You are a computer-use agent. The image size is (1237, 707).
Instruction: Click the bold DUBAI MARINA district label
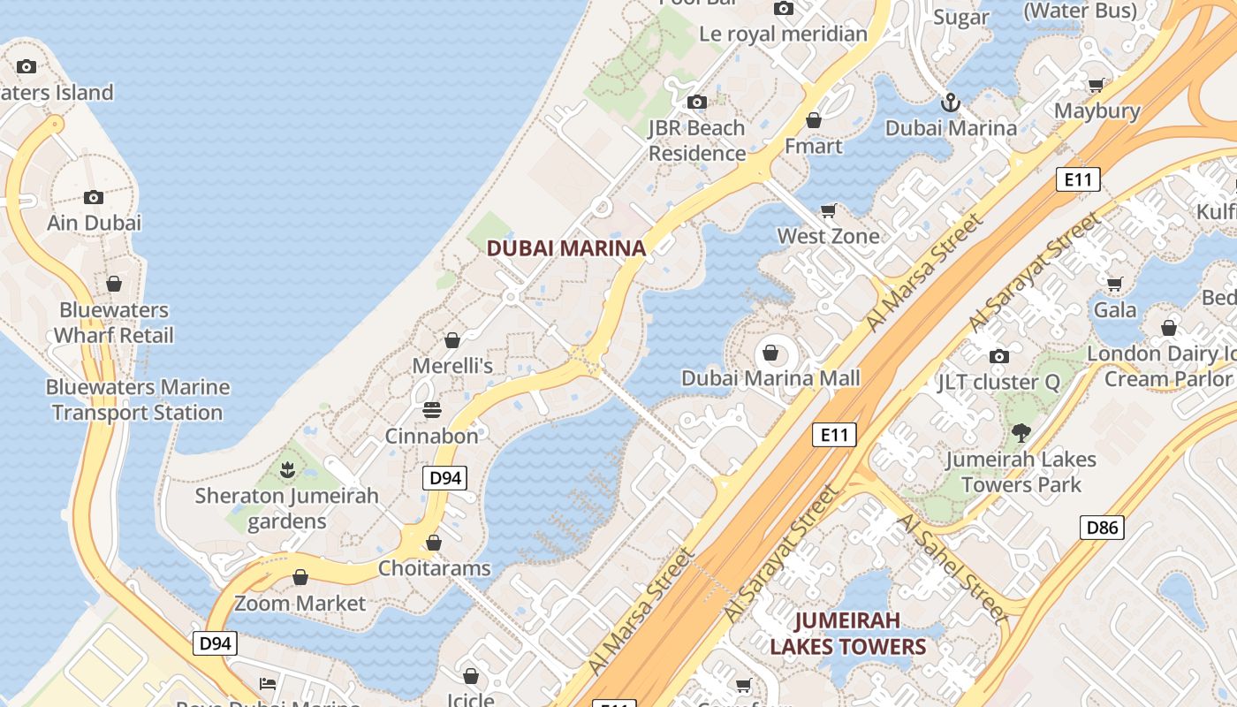(566, 248)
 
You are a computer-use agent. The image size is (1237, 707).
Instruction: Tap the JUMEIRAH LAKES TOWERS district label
(847, 634)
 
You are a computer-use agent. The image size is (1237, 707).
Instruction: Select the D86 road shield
(1102, 528)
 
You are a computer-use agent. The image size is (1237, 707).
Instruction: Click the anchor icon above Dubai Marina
(950, 103)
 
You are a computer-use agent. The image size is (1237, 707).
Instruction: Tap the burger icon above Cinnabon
(431, 409)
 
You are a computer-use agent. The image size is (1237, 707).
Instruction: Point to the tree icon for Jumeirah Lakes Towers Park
(1021, 433)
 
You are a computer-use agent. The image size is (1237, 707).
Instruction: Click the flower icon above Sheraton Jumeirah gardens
(286, 469)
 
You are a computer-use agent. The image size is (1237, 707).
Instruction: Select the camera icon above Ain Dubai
(94, 196)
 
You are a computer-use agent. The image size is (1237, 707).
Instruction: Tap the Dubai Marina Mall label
(770, 378)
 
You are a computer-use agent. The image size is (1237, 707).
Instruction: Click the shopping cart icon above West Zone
(828, 210)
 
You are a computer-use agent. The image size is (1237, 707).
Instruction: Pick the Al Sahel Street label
(951, 567)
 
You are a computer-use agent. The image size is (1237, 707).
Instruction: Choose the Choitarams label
(434, 567)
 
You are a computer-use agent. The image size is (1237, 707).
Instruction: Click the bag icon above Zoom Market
(300, 577)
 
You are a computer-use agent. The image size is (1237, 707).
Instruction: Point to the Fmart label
(813, 146)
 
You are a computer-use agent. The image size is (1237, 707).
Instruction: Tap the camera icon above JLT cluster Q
(999, 356)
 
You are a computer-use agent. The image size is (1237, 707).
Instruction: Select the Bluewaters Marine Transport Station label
(138, 399)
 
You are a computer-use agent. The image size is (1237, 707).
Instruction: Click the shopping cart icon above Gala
(1114, 285)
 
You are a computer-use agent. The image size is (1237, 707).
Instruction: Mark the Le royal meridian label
(783, 34)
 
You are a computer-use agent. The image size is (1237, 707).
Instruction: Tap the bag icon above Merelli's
(452, 340)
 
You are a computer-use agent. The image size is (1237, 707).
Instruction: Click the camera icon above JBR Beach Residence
(697, 102)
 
